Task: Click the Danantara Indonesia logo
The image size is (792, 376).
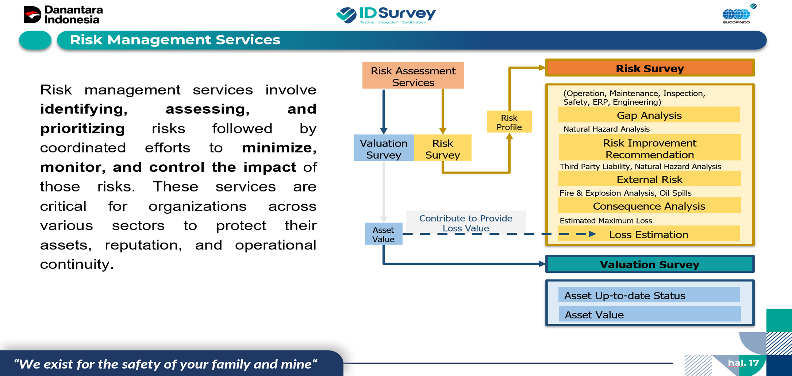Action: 63,15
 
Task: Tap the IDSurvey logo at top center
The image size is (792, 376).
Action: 386,15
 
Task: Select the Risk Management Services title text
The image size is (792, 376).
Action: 175,40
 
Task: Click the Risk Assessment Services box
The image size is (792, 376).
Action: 413,76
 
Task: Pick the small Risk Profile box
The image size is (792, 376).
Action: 509,122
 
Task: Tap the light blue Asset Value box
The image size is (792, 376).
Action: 383,234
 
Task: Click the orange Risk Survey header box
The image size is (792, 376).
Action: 650,68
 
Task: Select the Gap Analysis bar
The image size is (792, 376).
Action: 649,115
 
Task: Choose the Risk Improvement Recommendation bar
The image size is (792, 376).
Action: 650,148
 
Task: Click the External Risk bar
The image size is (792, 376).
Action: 649,179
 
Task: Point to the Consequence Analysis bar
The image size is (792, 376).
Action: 649,206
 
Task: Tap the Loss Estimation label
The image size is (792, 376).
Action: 649,234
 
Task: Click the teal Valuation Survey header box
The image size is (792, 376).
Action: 650,264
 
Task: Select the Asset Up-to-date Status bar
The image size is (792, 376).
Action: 649,295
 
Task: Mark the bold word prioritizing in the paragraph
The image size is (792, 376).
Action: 82,128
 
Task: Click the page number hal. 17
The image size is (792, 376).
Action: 743,363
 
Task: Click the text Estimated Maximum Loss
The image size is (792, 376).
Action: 606,221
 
